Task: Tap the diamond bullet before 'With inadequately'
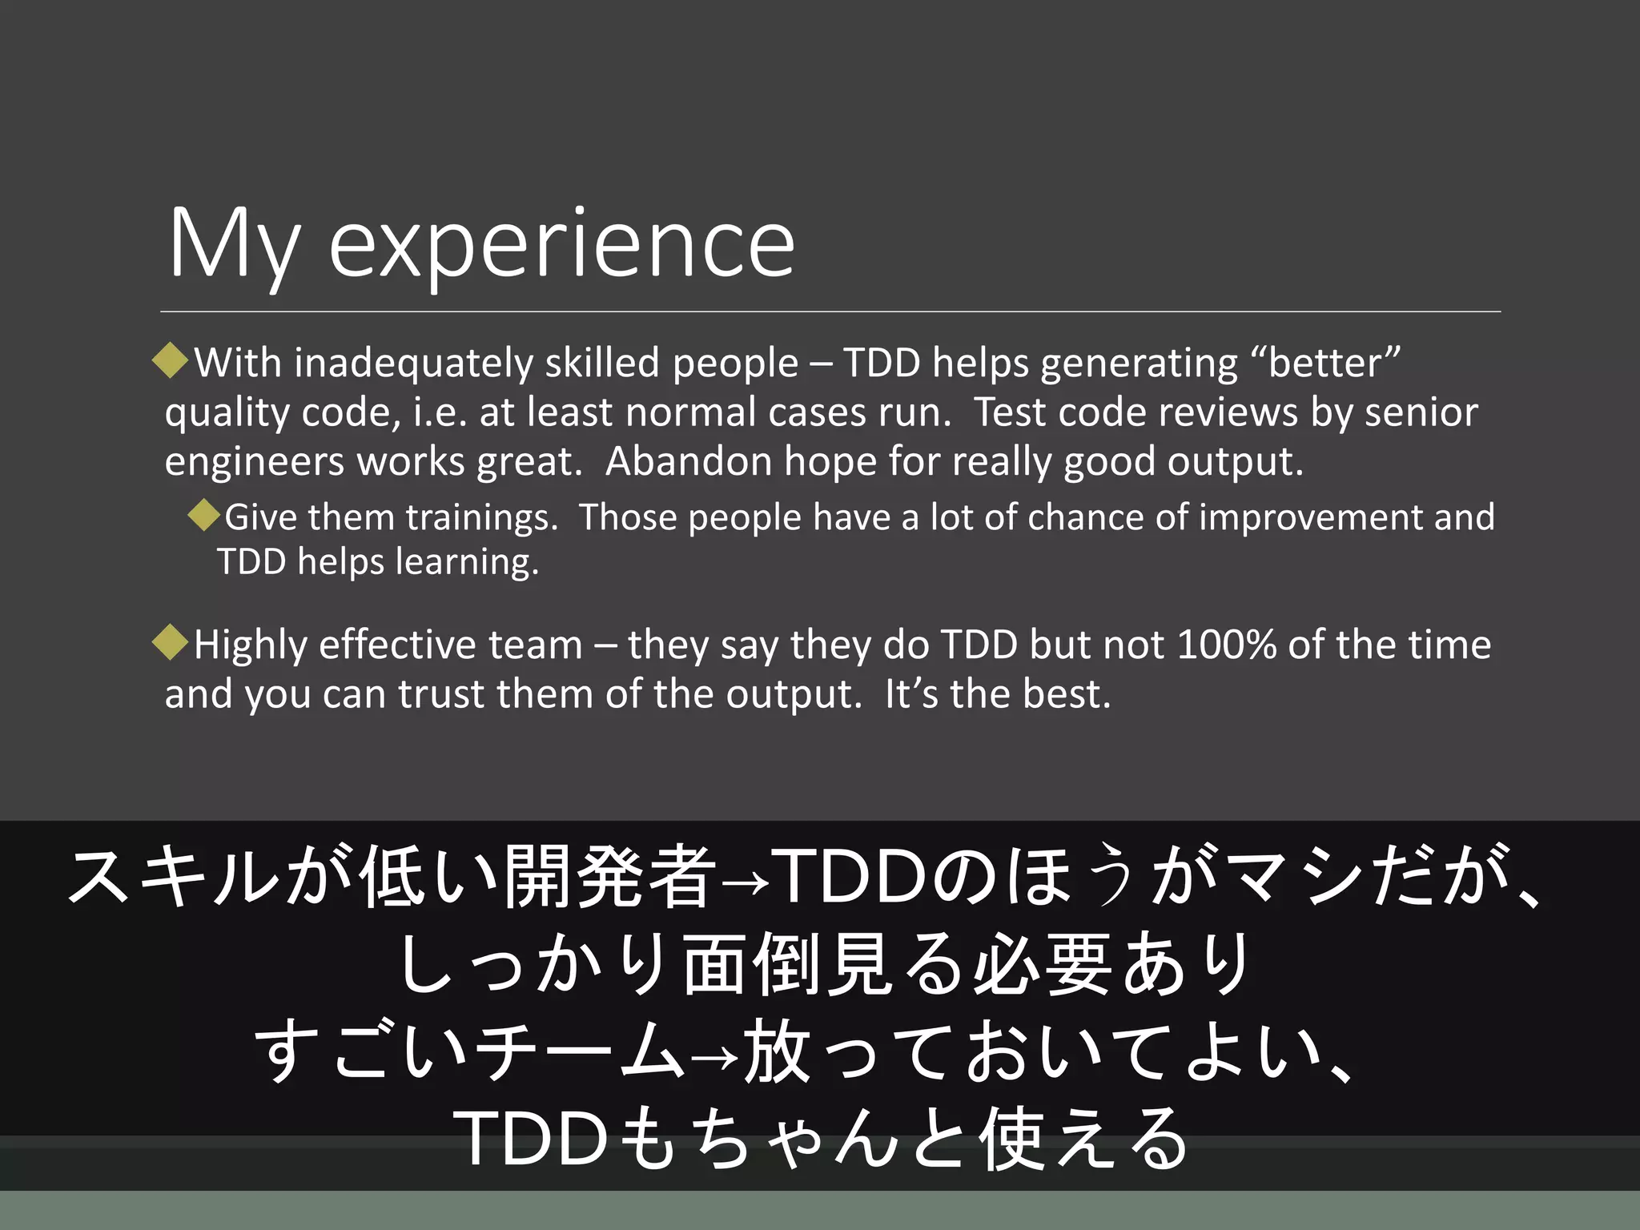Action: point(170,360)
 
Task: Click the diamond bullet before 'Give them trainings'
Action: point(204,515)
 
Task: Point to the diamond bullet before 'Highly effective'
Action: point(170,642)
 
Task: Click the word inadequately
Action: point(413,364)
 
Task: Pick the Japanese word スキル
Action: point(173,878)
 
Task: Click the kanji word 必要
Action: point(1042,964)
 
